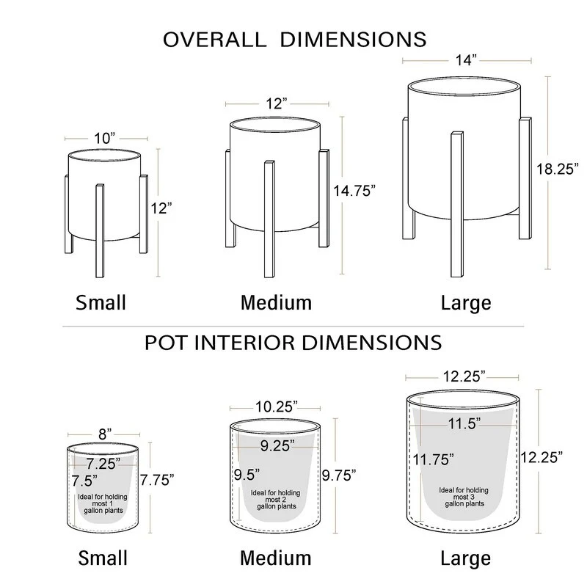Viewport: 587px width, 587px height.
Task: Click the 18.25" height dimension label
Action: [558, 169]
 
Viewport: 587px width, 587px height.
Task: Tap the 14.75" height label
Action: [354, 191]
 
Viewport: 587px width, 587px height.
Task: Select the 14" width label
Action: [466, 60]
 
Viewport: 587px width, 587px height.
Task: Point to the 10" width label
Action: [104, 138]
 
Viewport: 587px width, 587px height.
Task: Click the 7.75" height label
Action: [157, 480]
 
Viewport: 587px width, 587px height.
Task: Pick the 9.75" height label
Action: [339, 475]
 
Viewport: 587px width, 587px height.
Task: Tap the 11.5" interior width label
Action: [464, 424]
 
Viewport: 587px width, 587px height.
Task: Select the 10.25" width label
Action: [277, 406]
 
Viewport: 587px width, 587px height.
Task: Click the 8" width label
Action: [105, 434]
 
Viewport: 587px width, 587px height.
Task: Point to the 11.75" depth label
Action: [434, 459]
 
